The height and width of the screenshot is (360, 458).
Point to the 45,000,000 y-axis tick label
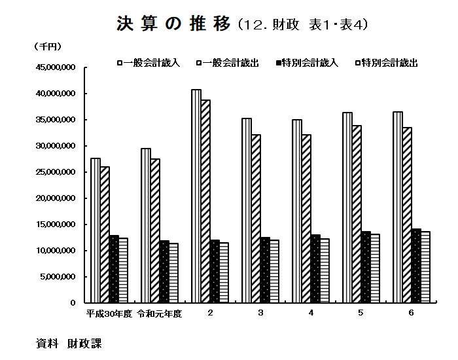pyautogui.click(x=58, y=67)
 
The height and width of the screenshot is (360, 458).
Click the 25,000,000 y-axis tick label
pyautogui.click(x=58, y=172)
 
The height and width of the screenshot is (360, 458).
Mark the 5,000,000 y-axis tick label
pyautogui.click(x=60, y=277)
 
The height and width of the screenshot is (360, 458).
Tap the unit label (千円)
pyautogui.click(x=46, y=46)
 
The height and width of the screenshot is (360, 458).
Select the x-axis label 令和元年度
pyautogui.click(x=159, y=314)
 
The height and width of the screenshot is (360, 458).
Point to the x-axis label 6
pyautogui.click(x=411, y=313)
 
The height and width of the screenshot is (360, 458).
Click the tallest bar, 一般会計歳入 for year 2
pyautogui.click(x=196, y=196)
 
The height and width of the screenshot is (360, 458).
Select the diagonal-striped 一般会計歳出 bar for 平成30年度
pyautogui.click(x=105, y=235)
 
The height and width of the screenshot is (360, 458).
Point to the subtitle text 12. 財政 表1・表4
pyautogui.click(x=304, y=25)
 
